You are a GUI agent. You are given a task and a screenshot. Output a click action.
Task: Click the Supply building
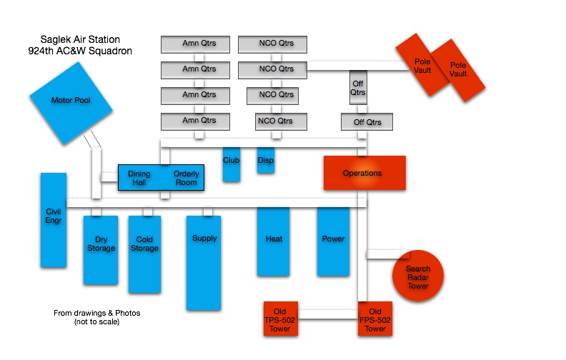click(x=204, y=259)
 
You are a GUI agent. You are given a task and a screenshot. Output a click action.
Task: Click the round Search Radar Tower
click(x=418, y=276)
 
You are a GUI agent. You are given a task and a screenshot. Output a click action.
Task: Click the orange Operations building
click(x=364, y=173)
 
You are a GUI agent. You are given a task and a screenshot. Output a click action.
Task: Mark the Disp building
click(x=266, y=160)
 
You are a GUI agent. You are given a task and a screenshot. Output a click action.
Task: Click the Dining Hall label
click(x=139, y=178)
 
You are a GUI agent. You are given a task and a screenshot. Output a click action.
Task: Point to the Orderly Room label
click(x=187, y=178)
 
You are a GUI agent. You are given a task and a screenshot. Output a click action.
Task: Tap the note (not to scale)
click(x=96, y=322)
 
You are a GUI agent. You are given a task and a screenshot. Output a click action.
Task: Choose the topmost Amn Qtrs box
click(x=199, y=44)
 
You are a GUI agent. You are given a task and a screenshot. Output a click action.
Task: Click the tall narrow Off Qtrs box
click(x=358, y=88)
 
